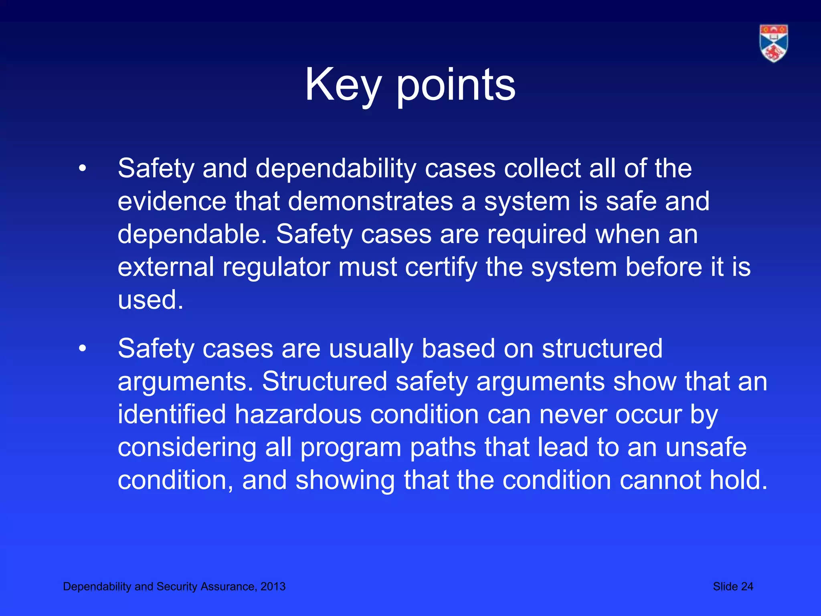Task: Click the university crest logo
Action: [x=773, y=43]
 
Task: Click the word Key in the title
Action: [x=343, y=85]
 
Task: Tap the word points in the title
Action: [x=456, y=85]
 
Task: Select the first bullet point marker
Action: [x=82, y=168]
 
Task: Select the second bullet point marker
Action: [x=82, y=349]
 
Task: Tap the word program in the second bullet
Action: [x=351, y=447]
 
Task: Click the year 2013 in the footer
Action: [x=273, y=586]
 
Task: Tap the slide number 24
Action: [x=746, y=586]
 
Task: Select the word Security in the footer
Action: [x=177, y=586]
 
